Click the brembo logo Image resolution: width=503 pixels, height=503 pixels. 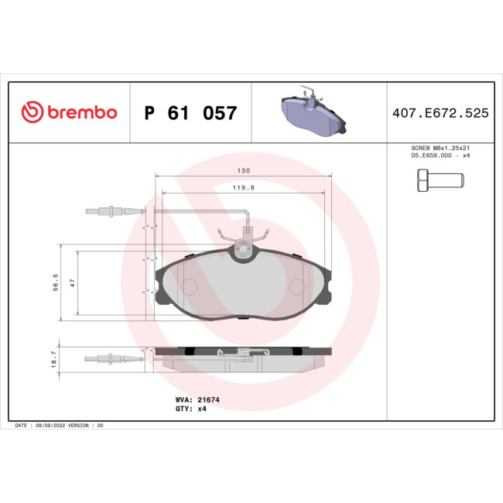[69, 113]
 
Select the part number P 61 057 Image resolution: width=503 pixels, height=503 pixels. [190, 114]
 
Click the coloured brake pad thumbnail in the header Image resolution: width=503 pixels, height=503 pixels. [310, 113]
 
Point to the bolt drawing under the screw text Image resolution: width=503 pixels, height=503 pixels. [435, 181]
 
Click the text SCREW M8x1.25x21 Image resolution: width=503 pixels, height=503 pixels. [440, 149]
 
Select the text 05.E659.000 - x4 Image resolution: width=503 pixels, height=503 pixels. [440, 156]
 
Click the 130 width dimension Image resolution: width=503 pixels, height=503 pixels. [244, 170]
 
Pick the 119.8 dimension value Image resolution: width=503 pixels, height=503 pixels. [244, 186]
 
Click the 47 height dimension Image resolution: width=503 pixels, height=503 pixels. [72, 283]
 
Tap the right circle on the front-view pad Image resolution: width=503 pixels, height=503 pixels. [298, 286]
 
